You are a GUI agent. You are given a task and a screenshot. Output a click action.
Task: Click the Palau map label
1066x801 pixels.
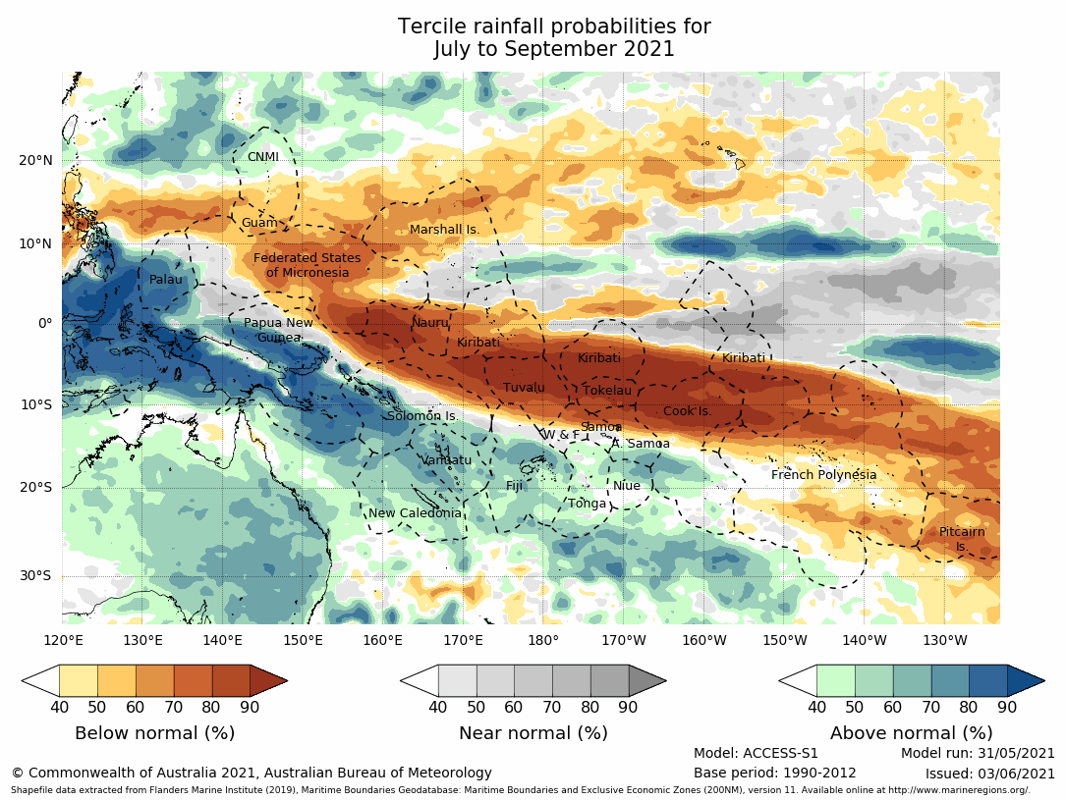tap(166, 280)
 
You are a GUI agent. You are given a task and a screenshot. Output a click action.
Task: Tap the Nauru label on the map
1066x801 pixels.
tap(429, 322)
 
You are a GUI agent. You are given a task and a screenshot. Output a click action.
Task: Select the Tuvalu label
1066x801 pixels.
tap(524, 388)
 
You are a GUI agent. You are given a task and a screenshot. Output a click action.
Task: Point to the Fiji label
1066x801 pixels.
tap(515, 486)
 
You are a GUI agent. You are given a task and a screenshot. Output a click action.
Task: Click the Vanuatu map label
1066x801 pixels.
tap(447, 460)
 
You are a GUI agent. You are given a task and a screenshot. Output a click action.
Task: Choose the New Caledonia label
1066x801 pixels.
tap(415, 513)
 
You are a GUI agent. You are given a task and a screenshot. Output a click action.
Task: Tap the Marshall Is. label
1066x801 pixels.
tap(444, 230)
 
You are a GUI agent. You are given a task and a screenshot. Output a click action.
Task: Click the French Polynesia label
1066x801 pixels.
tap(823, 475)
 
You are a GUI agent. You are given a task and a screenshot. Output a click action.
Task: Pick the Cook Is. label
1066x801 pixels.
tap(687, 411)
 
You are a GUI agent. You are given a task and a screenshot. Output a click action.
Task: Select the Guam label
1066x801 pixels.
tap(259, 223)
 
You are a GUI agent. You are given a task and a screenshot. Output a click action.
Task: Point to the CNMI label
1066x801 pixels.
tap(262, 157)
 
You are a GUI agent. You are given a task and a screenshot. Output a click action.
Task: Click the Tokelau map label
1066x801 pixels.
tap(607, 391)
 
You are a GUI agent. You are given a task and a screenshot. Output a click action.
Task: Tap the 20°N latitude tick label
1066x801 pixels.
tap(35, 161)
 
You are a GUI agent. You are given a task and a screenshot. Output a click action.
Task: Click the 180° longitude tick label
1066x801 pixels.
tap(543, 641)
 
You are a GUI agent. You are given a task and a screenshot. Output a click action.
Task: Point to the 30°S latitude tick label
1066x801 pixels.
tap(36, 576)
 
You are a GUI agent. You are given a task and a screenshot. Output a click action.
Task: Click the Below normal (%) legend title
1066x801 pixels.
tap(154, 733)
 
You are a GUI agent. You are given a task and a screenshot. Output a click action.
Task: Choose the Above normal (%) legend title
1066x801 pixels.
tap(910, 733)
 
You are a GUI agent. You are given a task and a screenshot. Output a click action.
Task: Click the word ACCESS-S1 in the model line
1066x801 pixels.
tap(781, 754)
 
